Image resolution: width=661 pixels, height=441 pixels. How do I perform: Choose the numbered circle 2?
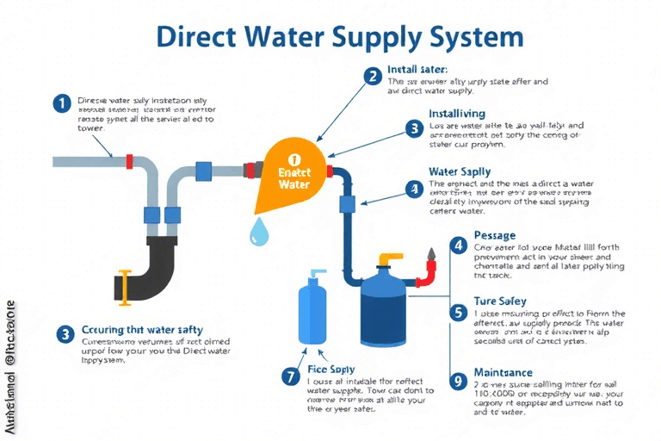(x=373, y=76)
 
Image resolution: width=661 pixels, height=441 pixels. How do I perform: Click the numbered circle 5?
(x=458, y=312)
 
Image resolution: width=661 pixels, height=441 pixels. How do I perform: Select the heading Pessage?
(x=495, y=235)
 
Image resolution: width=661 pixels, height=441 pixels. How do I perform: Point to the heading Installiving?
(x=457, y=114)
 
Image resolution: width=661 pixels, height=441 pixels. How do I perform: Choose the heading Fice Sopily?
(x=331, y=370)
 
